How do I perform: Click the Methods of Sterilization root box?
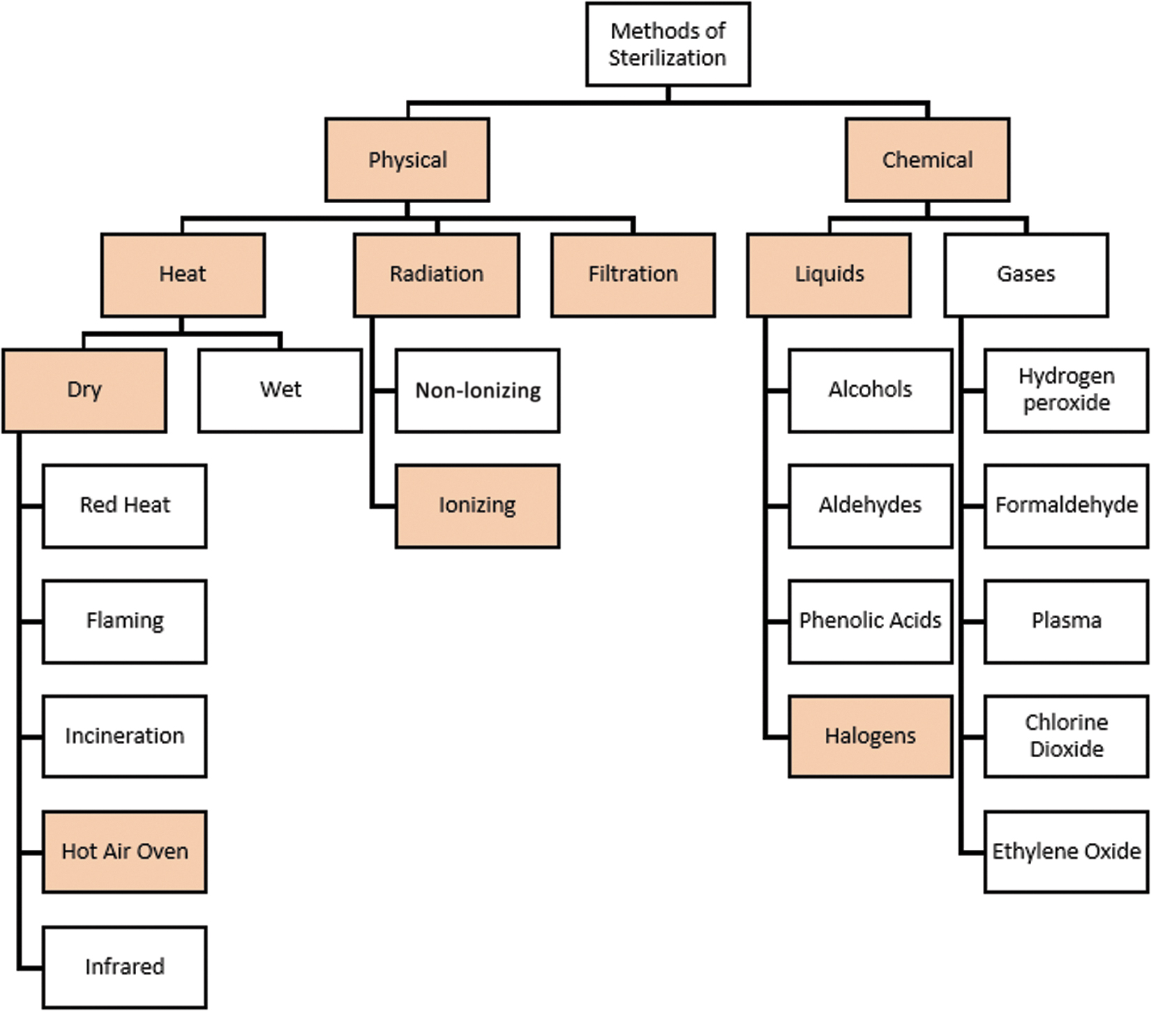[x=668, y=45]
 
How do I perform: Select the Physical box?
[x=407, y=160]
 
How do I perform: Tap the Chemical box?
[x=927, y=160]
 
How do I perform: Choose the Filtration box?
[x=633, y=275]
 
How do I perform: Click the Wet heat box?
[x=280, y=391]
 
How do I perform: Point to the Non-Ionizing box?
[x=478, y=391]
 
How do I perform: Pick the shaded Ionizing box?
[x=478, y=506]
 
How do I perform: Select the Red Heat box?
[x=125, y=506]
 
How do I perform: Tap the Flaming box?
[x=125, y=622]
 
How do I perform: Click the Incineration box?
[x=125, y=737]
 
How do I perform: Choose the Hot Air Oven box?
[x=125, y=852]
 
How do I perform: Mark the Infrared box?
[x=125, y=968]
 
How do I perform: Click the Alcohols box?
[x=871, y=391]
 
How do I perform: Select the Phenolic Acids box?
[x=871, y=622]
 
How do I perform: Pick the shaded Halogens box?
[x=871, y=737]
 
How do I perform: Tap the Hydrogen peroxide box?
[x=1067, y=391]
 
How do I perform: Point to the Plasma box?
[x=1067, y=622]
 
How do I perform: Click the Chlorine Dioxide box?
[x=1067, y=737]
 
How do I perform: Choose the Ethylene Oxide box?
[x=1067, y=852]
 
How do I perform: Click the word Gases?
[x=1025, y=274]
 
